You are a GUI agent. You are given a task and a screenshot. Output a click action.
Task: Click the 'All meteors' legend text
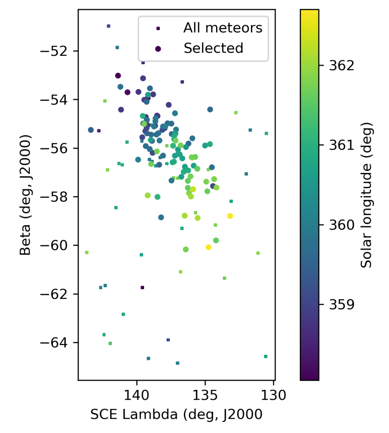pos(222,28)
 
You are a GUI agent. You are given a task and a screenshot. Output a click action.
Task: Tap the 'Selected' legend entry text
pos(213,48)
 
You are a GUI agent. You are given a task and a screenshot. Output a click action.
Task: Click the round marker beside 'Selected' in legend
pos(158,49)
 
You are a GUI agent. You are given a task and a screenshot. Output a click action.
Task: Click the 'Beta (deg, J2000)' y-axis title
pos(26,195)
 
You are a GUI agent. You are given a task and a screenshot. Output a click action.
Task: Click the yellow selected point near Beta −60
pos(208,247)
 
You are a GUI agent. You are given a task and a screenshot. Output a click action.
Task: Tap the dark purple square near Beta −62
pos(142,288)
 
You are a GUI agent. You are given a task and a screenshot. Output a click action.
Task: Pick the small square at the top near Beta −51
pos(108,26)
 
